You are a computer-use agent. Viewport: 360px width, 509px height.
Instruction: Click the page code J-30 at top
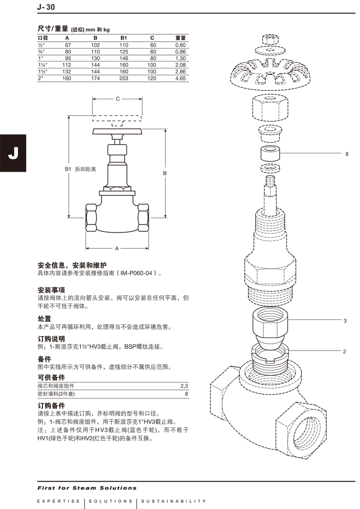(47, 7)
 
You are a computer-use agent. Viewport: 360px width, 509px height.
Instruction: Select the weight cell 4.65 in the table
(180, 79)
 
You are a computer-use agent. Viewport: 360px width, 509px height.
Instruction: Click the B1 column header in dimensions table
(124, 37)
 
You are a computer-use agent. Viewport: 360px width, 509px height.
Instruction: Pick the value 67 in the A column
(67, 45)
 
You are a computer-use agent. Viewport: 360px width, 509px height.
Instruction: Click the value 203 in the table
(124, 79)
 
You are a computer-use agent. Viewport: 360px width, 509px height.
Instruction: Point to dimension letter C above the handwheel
(117, 99)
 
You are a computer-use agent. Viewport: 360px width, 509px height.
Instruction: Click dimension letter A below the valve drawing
(117, 248)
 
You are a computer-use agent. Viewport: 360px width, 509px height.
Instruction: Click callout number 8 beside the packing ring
(347, 154)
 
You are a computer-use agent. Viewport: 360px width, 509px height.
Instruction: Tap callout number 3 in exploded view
(345, 321)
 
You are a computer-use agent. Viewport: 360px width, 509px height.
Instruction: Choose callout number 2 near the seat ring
(344, 352)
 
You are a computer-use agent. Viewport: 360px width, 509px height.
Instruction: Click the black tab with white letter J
(13, 152)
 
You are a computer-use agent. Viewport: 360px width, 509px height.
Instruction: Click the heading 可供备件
(51, 377)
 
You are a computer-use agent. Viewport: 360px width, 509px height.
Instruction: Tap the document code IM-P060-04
(137, 273)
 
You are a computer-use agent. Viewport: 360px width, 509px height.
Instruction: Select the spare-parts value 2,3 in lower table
(184, 386)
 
